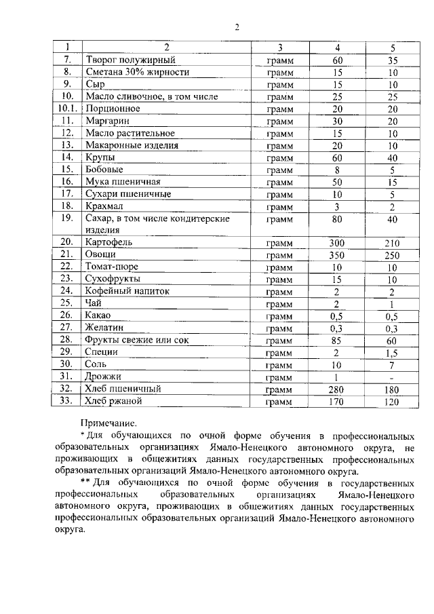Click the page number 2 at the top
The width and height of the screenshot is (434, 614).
tap(237, 27)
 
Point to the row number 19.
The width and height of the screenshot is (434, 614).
tap(66, 218)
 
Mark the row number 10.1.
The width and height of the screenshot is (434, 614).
tap(66, 109)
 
